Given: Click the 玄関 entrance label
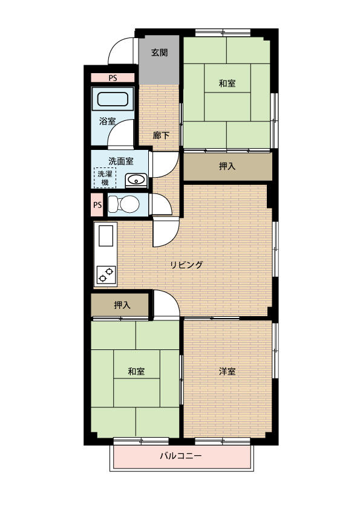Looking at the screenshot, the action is [160, 52].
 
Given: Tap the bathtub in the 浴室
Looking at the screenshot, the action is [113, 99].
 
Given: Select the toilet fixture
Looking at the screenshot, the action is [124, 204].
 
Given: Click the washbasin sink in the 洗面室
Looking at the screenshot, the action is [136, 180].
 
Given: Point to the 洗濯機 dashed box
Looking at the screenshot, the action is [105, 178].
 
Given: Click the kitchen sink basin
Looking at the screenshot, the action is [106, 236].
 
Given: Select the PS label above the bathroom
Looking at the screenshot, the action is [113, 78].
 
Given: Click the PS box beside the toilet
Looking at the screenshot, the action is [97, 205].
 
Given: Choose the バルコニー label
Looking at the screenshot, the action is [181, 456].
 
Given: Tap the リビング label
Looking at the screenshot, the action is [187, 265].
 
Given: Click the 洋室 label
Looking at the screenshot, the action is [227, 371].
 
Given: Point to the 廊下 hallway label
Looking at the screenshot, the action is [161, 135].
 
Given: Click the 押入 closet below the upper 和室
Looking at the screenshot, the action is [227, 166].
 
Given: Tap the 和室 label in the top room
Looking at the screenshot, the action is [227, 83].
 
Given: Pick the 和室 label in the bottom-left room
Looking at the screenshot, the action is [136, 371].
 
